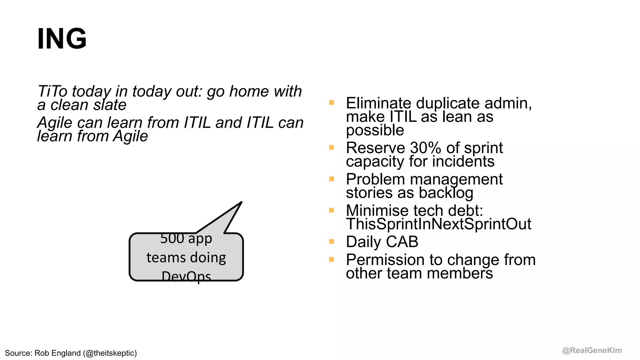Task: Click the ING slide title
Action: (62, 39)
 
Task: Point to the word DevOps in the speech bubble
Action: (186, 276)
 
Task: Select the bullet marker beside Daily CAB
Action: (332, 241)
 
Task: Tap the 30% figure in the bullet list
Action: (425, 148)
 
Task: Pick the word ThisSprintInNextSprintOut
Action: (438, 224)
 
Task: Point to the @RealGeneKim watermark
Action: (592, 350)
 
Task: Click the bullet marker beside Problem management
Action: (332, 179)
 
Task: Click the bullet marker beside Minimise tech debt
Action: (332, 210)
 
